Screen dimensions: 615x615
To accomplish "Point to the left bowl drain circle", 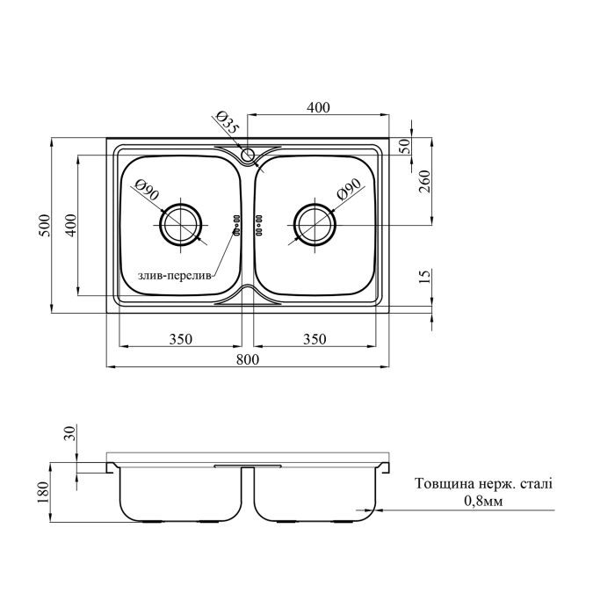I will pyautogui.click(x=181, y=223).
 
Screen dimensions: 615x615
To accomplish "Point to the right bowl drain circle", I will pyautogui.click(x=315, y=223).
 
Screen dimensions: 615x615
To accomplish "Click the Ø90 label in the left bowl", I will pyautogui.click(x=147, y=190).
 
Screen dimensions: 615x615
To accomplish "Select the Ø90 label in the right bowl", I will pyautogui.click(x=349, y=191).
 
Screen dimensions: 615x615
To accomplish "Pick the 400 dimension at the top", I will pyautogui.click(x=318, y=107).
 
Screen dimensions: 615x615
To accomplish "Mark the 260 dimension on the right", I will pyautogui.click(x=425, y=184).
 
